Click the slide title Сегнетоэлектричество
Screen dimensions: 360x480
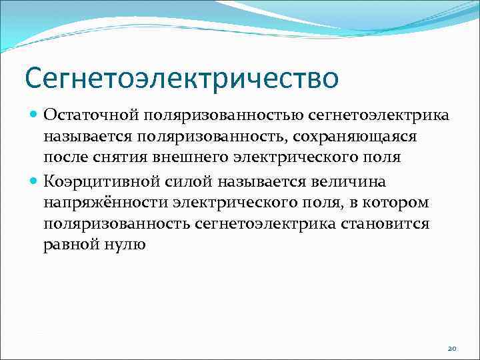181,78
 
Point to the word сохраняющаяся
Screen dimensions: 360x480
383,137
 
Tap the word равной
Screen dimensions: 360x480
67,244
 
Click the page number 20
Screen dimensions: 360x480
451,348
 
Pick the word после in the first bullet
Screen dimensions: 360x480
67,158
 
